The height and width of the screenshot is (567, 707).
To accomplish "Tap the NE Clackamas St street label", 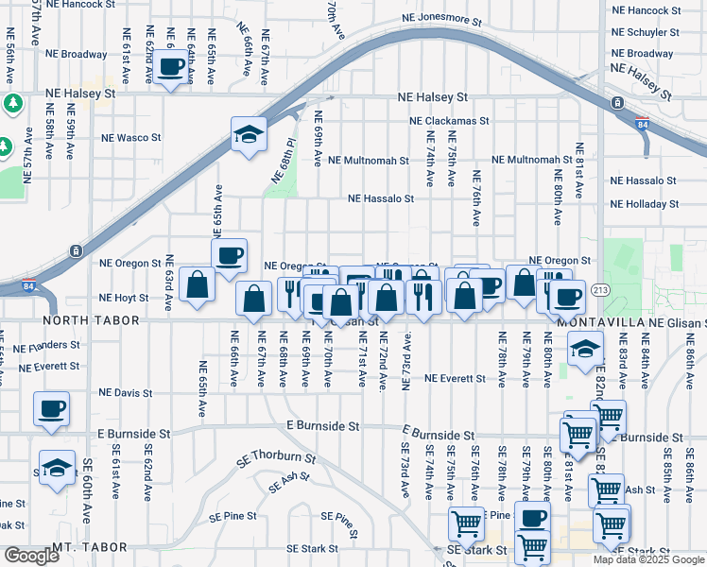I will click(449, 121).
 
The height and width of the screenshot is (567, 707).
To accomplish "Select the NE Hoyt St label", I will click(124, 298).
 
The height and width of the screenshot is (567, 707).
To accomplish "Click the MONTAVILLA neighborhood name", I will click(595, 322).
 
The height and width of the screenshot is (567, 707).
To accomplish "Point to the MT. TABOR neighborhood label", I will click(89, 548).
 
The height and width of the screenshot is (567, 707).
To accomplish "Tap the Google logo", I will click(31, 556).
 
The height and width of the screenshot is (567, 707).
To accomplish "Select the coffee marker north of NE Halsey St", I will click(171, 68).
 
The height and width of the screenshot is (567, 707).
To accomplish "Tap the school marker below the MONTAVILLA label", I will click(585, 349).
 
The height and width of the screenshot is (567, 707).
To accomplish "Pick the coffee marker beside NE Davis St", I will click(52, 409).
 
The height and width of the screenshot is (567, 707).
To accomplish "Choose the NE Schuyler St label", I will click(646, 32).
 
